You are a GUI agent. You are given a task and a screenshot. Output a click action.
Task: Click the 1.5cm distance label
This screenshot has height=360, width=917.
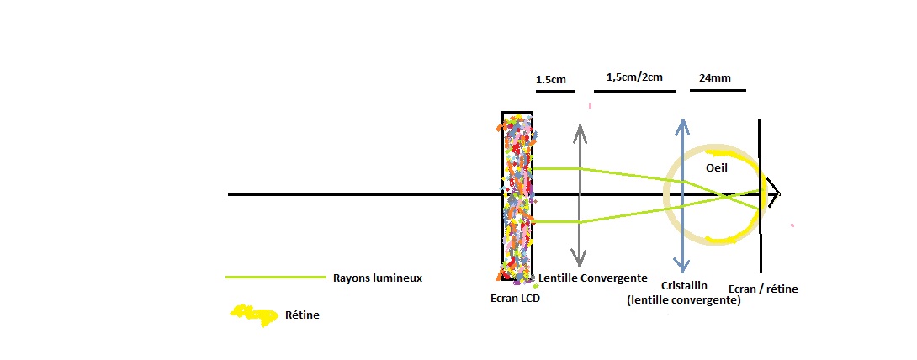tap(550, 80)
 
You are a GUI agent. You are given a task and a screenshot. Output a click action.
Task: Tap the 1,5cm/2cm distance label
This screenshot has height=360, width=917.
tap(633, 77)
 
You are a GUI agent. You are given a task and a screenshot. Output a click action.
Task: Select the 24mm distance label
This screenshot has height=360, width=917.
tap(714, 78)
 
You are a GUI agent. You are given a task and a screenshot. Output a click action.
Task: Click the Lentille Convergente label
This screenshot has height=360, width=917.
tap(592, 278)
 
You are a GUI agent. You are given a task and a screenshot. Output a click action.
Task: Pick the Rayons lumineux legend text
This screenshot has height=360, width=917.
tap(378, 278)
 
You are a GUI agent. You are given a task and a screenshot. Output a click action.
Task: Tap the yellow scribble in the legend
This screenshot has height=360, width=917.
tap(255, 315)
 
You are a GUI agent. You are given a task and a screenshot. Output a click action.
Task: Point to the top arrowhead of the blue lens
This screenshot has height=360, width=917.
tap(682, 123)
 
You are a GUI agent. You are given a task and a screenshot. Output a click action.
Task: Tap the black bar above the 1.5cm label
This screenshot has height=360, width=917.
tap(552, 91)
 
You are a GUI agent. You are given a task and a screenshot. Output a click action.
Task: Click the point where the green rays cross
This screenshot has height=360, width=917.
tap(726, 197)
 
